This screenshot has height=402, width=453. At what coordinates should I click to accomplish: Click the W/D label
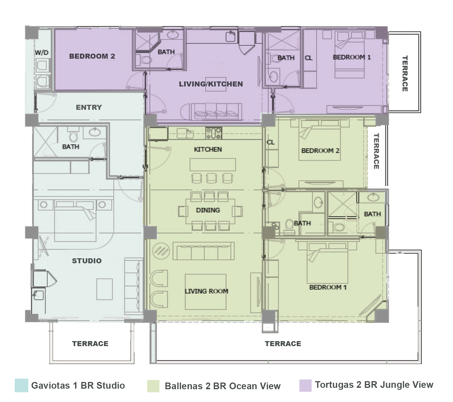pos(41,52)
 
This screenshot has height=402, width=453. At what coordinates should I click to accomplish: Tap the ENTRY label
pos(89,107)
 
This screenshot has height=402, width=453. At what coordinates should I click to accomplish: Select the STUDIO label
pos(87,261)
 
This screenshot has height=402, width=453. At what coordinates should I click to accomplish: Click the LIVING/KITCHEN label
pos(211,84)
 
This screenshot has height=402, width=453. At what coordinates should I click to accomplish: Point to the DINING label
pos(208,210)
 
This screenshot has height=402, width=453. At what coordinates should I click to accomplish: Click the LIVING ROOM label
pos(207,291)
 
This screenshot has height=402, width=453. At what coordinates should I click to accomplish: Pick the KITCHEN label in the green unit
pos(208,150)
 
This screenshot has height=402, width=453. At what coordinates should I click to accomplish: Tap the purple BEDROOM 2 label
pos(92,56)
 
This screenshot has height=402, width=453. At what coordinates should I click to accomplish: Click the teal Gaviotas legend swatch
pos(21,385)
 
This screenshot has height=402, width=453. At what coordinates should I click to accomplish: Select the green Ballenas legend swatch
pos(153,386)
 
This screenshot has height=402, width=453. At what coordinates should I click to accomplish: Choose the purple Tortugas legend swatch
pos(305,385)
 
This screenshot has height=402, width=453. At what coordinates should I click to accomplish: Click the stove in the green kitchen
pos(214,133)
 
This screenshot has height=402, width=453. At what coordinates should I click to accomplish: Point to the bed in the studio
pos(76,220)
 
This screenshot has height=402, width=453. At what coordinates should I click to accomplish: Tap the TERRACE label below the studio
pos(90,344)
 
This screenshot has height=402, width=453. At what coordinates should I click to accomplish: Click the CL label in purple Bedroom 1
pos(309,58)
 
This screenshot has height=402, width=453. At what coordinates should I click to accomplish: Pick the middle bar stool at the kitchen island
pos(212,178)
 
